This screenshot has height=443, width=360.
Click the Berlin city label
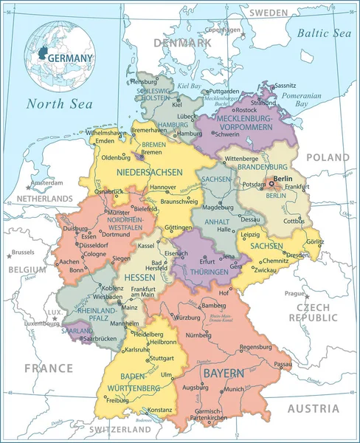[283, 179]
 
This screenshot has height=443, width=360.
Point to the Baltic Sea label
[324, 33]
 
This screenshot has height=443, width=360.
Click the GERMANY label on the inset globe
[70, 58]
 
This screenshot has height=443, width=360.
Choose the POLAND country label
[328, 157]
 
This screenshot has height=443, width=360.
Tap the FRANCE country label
[48, 368]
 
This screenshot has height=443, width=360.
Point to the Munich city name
[235, 389]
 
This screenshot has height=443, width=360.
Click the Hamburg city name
[190, 134]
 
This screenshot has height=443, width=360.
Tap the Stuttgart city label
[162, 358]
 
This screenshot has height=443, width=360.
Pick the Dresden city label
[297, 255]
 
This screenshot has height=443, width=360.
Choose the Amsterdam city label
[48, 182]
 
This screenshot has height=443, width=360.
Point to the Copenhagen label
[223, 30]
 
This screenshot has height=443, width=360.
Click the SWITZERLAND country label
[120, 429]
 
